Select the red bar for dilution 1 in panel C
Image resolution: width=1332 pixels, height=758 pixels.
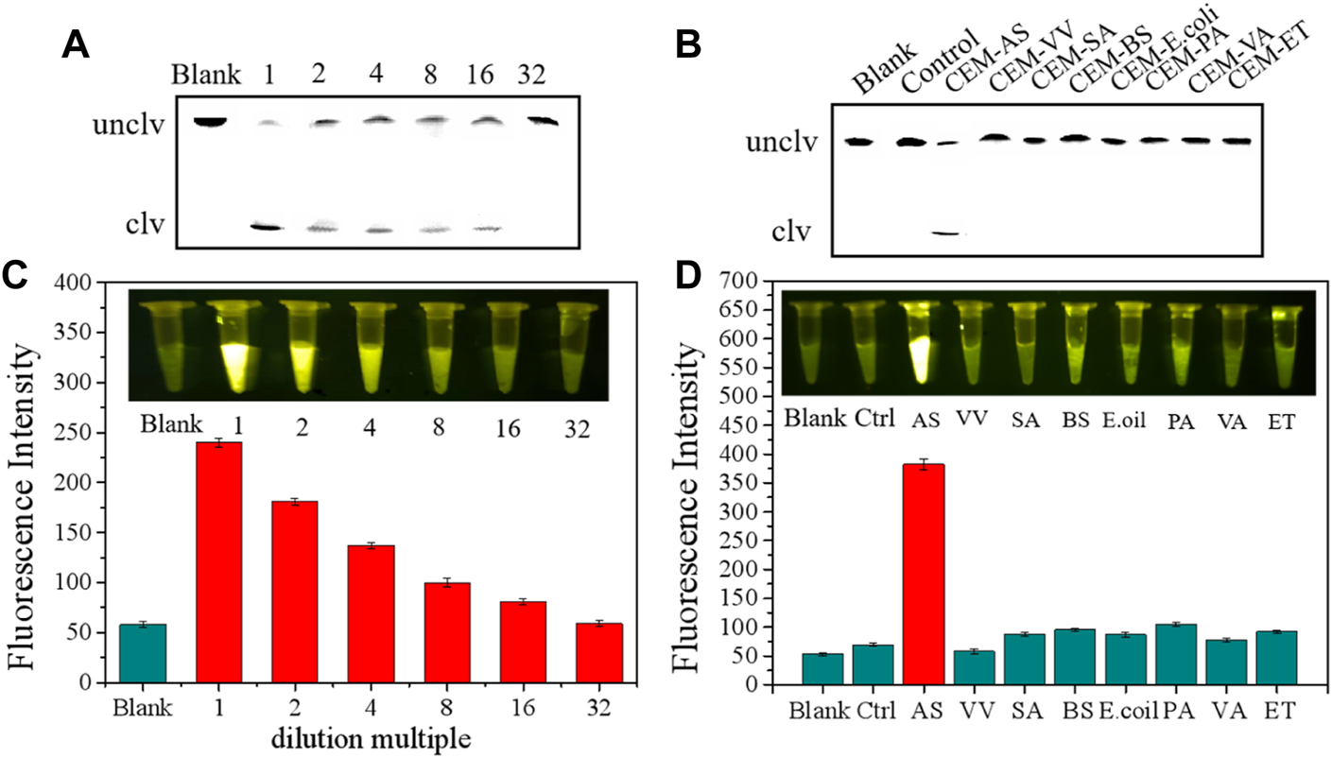(x=218, y=561)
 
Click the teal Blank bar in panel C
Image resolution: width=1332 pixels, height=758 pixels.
(x=143, y=652)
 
